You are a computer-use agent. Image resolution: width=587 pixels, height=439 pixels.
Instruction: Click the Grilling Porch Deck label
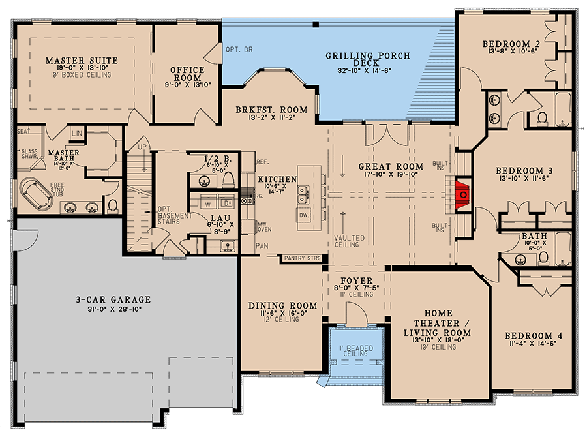[x=368, y=59]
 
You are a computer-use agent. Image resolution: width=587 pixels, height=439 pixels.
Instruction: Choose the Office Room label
[x=187, y=74]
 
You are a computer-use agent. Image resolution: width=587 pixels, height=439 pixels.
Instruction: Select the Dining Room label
[x=283, y=306]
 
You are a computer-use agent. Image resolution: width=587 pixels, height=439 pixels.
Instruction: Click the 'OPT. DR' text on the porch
[x=234, y=49]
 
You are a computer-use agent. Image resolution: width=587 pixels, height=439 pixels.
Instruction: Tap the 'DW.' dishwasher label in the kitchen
[x=304, y=215]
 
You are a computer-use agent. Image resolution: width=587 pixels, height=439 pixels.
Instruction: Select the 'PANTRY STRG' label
[x=302, y=258]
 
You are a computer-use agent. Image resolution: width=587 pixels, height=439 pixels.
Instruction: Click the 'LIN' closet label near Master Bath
[x=77, y=133]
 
